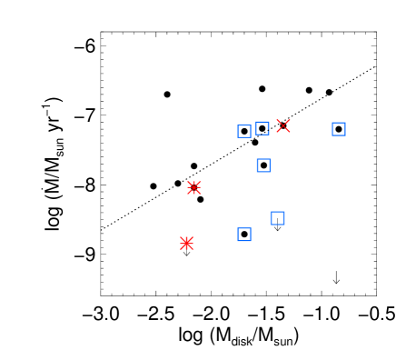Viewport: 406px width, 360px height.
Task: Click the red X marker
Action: click(283, 126)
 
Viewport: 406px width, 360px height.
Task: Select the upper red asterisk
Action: click(193, 187)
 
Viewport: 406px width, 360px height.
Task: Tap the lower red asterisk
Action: click(187, 243)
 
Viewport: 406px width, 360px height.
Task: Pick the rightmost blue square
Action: click(339, 129)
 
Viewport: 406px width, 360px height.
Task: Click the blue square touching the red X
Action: click(262, 128)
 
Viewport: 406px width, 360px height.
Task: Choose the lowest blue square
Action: click(244, 235)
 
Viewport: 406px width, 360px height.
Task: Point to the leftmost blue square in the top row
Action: click(244, 131)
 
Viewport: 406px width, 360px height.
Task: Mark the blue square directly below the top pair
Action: click(264, 165)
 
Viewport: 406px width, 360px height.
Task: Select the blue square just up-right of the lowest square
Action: click(277, 218)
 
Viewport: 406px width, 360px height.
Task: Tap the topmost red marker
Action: click(283, 126)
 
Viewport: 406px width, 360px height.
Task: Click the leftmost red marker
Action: click(187, 243)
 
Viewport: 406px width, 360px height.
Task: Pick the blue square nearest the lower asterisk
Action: click(244, 235)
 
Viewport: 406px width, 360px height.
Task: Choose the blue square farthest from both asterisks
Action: click(339, 129)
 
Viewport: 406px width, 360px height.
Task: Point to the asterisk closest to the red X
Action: click(193, 187)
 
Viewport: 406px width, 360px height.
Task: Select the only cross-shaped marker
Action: click(283, 126)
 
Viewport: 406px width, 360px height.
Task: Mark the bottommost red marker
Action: click(187, 243)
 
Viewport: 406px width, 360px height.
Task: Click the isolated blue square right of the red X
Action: click(339, 129)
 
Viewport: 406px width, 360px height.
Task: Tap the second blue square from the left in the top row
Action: click(262, 128)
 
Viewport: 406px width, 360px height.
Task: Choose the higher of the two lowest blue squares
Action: click(277, 218)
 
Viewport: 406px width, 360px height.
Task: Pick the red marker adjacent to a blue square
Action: click(283, 126)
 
